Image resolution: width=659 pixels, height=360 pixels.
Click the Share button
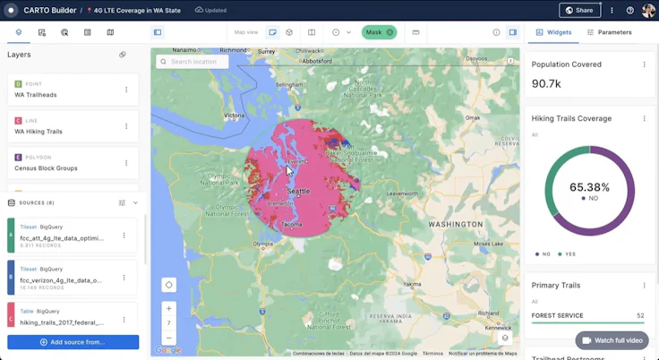579,11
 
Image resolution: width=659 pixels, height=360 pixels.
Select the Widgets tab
553,32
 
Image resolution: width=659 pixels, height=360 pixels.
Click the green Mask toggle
379,32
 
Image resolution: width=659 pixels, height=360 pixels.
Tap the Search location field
193,62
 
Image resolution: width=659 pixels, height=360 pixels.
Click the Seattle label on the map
298,192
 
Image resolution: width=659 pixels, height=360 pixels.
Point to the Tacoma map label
292,224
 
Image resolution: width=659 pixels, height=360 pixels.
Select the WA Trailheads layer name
36,95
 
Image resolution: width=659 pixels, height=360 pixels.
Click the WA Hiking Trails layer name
39,132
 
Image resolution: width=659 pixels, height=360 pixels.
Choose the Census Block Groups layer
46,168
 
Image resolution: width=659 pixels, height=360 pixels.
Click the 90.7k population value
546,83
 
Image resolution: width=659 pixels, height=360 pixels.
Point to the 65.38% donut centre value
589,188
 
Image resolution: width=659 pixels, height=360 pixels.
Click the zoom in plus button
169,308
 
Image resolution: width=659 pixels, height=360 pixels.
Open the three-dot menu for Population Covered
644,64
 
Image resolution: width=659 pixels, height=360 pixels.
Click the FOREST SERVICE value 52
640,315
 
